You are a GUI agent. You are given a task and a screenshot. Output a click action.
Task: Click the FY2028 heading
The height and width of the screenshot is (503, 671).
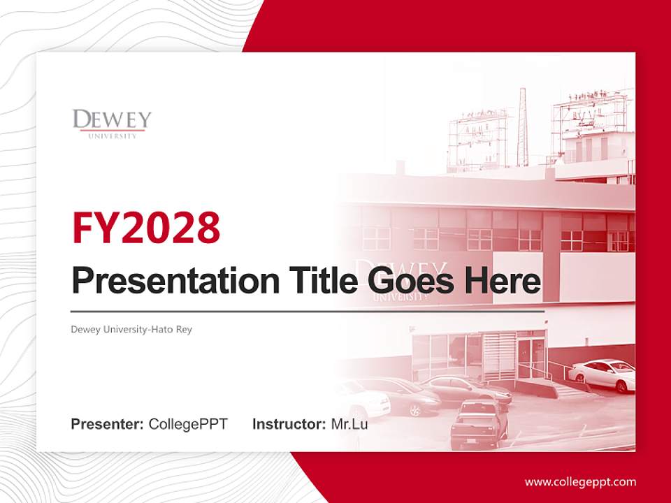click(146, 228)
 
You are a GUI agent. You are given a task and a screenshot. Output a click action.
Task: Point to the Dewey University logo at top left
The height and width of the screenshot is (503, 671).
click(112, 123)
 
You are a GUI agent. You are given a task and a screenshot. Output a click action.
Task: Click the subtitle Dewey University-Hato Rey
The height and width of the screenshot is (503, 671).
click(131, 329)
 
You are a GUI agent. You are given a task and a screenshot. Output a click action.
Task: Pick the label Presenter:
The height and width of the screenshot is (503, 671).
click(108, 423)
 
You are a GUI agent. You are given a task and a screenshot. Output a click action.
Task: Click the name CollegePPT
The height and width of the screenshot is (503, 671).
click(188, 423)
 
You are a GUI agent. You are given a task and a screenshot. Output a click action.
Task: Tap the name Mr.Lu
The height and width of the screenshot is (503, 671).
click(349, 423)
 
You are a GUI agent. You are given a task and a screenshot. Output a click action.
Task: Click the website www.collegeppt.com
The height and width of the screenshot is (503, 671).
click(580, 481)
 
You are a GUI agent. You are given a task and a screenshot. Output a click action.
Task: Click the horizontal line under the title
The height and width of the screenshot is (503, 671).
click(308, 311)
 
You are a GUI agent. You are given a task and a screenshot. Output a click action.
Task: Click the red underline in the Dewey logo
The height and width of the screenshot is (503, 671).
click(112, 130)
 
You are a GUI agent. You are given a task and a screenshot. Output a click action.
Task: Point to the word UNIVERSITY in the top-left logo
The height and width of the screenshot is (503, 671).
click(112, 136)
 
